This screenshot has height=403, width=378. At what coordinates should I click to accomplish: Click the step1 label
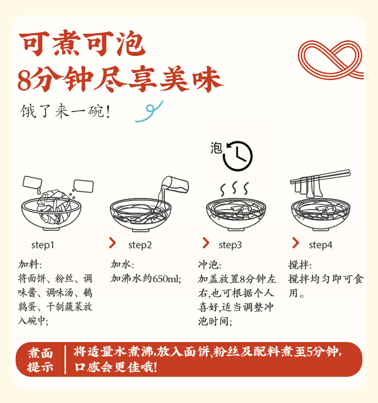click(x=42, y=245)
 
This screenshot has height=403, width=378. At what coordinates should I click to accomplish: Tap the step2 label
click(x=140, y=245)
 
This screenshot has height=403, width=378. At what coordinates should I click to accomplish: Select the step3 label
click(x=230, y=245)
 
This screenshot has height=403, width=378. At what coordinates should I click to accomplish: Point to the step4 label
click(x=321, y=245)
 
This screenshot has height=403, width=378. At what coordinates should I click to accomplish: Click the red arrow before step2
click(x=112, y=243)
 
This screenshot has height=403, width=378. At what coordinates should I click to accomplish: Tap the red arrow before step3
click(x=206, y=243)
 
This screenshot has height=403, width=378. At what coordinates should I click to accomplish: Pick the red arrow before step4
click(x=296, y=243)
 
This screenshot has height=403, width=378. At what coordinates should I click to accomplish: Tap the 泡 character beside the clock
click(x=216, y=148)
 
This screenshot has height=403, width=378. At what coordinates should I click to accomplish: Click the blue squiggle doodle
click(x=149, y=111)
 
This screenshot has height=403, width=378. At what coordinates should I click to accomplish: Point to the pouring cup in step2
click(x=175, y=184)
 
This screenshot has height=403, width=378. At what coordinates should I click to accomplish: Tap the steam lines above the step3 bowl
click(x=234, y=188)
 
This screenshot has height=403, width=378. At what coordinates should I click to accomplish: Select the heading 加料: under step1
click(x=30, y=264)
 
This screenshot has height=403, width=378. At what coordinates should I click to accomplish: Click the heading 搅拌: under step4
click(x=300, y=265)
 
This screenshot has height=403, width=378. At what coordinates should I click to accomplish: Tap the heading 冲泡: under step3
click(x=210, y=265)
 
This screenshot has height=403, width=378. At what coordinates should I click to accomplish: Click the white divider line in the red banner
click(x=66, y=360)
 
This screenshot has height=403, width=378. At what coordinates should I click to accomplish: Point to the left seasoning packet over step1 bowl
click(x=32, y=182)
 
